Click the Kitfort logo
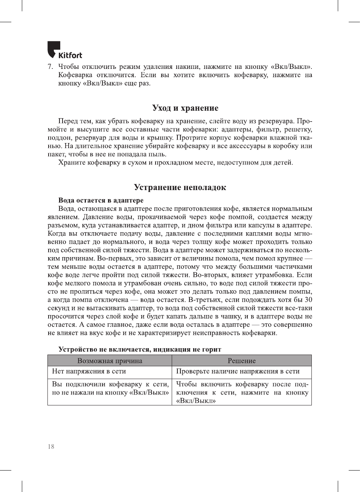(64, 50)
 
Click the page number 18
(51, 446)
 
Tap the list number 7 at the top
(50, 67)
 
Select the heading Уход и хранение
(185, 108)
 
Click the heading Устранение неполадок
(180, 187)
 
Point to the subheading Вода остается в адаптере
(101, 200)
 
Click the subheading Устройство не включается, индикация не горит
(140, 349)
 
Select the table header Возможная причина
(110, 361)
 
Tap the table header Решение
(241, 361)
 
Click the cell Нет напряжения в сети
(89, 371)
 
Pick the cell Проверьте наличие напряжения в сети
(238, 371)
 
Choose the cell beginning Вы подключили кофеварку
(110, 388)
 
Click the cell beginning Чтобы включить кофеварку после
(242, 392)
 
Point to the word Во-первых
(113, 259)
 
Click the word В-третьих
(203, 300)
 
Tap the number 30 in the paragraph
(308, 300)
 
